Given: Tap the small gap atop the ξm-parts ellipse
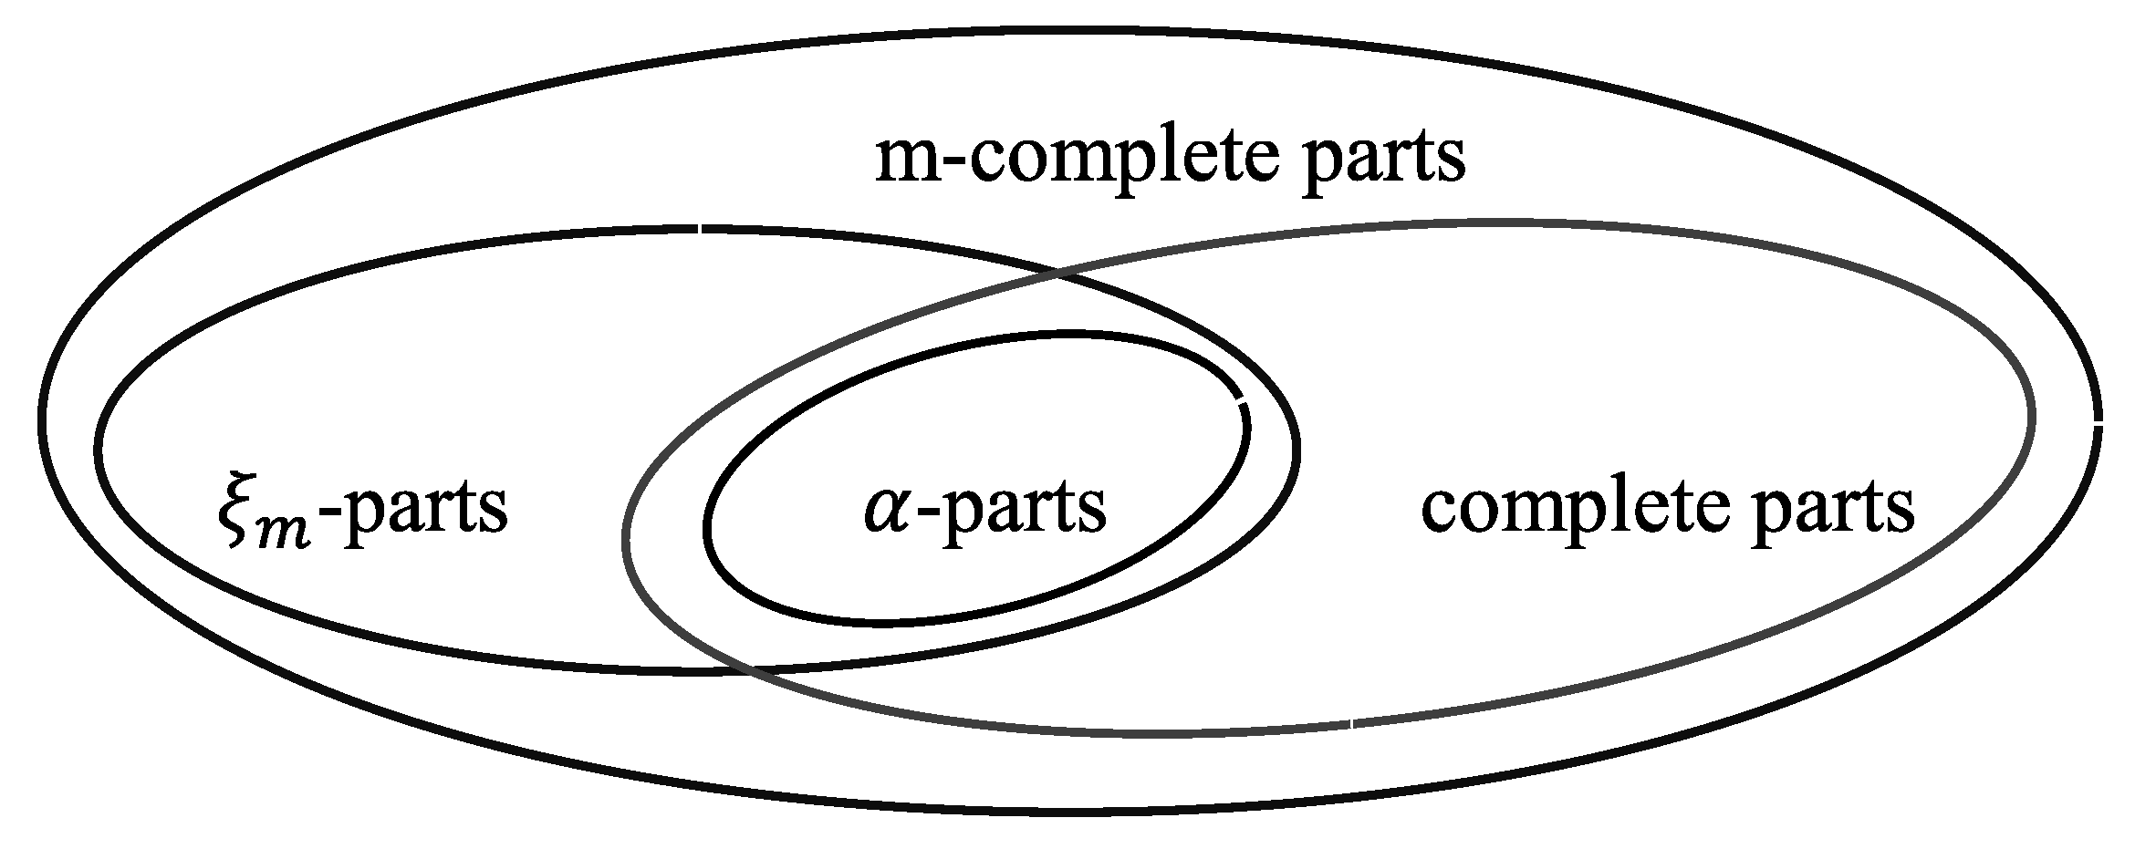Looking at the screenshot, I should click(x=700, y=228).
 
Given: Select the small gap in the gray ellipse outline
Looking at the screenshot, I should click(x=1351, y=724).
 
